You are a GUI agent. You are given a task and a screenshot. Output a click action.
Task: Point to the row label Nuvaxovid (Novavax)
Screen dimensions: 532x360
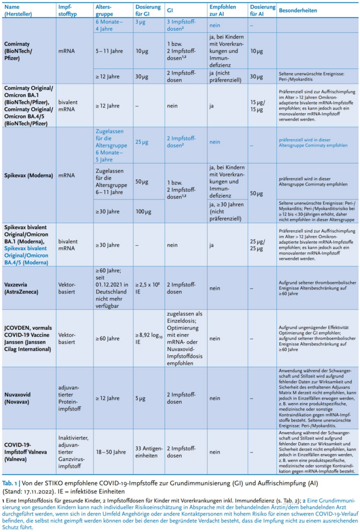coord(21,398)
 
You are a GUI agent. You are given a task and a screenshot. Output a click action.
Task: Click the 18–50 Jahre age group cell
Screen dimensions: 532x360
coord(111,452)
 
